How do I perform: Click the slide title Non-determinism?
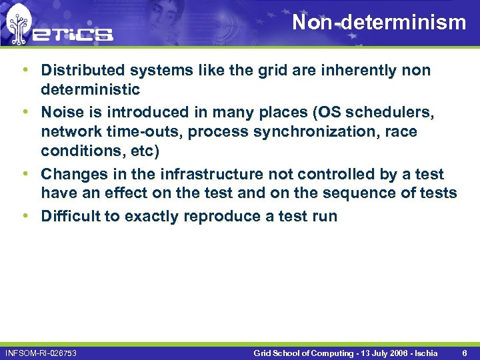(379, 23)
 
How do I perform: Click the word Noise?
(62, 113)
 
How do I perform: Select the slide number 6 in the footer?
(464, 352)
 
